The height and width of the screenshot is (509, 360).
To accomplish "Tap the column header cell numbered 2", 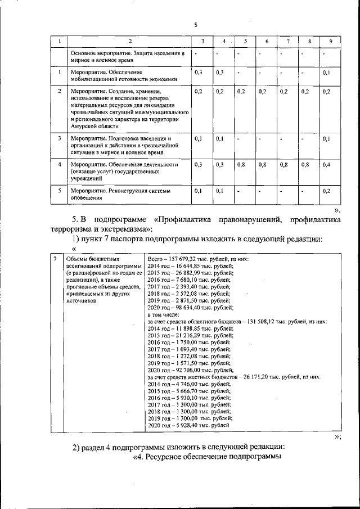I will coord(129,42).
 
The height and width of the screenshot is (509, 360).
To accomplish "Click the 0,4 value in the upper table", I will coord(327,164).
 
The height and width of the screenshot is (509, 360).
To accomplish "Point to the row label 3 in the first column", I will coord(60,138).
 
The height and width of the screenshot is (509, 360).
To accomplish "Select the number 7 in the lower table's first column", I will coord(55,259).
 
